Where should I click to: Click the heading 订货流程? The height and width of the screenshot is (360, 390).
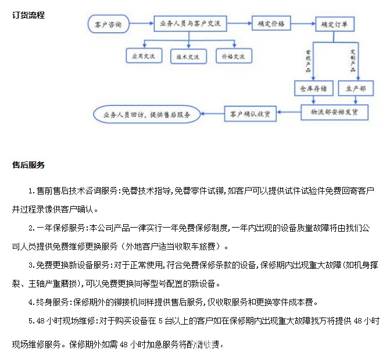28,15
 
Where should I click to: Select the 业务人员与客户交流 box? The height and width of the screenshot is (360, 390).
191,24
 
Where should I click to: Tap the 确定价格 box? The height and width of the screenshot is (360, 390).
271,24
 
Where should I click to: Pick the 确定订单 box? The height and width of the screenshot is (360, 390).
334,25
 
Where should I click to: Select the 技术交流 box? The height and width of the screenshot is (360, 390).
188,56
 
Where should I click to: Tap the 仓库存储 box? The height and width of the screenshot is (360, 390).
312,88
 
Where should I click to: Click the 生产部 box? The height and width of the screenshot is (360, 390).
356,88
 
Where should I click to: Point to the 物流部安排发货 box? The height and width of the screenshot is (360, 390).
334,112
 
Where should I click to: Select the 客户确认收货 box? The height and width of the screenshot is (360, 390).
250,113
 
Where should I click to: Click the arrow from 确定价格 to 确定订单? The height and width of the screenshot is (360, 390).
301,24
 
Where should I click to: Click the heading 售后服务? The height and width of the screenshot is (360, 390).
28,165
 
